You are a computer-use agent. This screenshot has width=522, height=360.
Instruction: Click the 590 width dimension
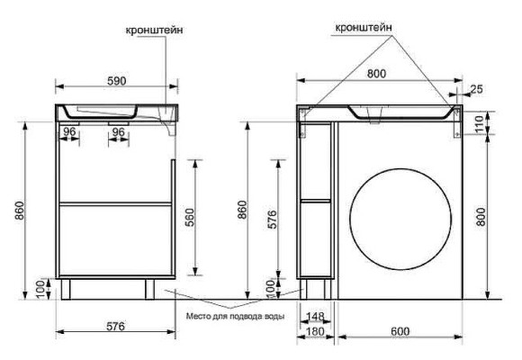[117, 81]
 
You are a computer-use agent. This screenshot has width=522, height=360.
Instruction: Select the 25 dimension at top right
[476, 89]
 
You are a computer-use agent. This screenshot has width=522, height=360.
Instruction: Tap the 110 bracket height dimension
[479, 123]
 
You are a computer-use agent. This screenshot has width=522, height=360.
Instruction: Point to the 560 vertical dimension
[189, 217]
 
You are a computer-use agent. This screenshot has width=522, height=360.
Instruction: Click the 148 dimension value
[315, 316]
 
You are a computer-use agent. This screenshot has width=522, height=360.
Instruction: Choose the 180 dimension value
[315, 331]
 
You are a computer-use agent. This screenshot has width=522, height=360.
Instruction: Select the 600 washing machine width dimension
[400, 331]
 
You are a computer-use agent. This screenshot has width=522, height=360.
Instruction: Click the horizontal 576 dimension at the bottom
[115, 326]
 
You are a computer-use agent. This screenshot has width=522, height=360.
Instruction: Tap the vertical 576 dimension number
[272, 219]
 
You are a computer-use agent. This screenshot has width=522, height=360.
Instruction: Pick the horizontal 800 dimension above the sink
[376, 74]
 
